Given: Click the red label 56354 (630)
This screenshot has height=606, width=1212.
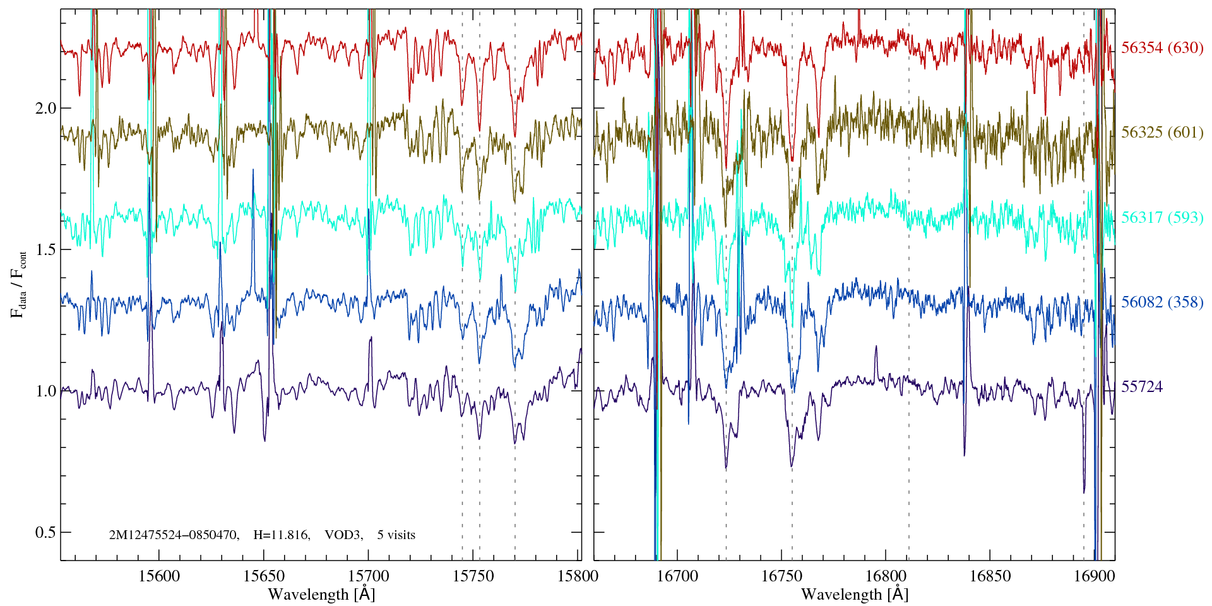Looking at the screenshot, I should click(1162, 48).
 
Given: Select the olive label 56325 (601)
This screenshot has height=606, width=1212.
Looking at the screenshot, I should click(1162, 133).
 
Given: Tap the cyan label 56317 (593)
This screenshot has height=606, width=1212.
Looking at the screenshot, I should click(1162, 218).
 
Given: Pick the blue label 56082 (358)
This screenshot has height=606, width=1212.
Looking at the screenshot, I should click(1162, 302).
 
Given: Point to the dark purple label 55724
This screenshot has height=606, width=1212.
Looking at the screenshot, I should click(1141, 387).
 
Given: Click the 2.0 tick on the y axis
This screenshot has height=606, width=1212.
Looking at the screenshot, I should click(45, 108).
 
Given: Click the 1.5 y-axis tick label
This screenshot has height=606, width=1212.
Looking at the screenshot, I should click(45, 249).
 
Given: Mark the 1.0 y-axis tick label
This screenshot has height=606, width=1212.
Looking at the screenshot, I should click(45, 391).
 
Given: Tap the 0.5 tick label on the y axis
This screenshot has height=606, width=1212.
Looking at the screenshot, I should click(45, 532).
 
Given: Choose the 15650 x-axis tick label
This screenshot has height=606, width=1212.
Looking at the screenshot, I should click(264, 576).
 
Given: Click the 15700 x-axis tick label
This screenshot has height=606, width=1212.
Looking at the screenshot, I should click(369, 576).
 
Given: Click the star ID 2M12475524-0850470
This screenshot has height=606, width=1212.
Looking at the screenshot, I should click(174, 535).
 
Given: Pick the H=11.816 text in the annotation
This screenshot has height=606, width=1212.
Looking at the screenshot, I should click(281, 535).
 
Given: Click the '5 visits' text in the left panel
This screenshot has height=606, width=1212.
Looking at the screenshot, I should click(396, 535).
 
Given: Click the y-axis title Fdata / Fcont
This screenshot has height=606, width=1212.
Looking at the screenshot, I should click(18, 284).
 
